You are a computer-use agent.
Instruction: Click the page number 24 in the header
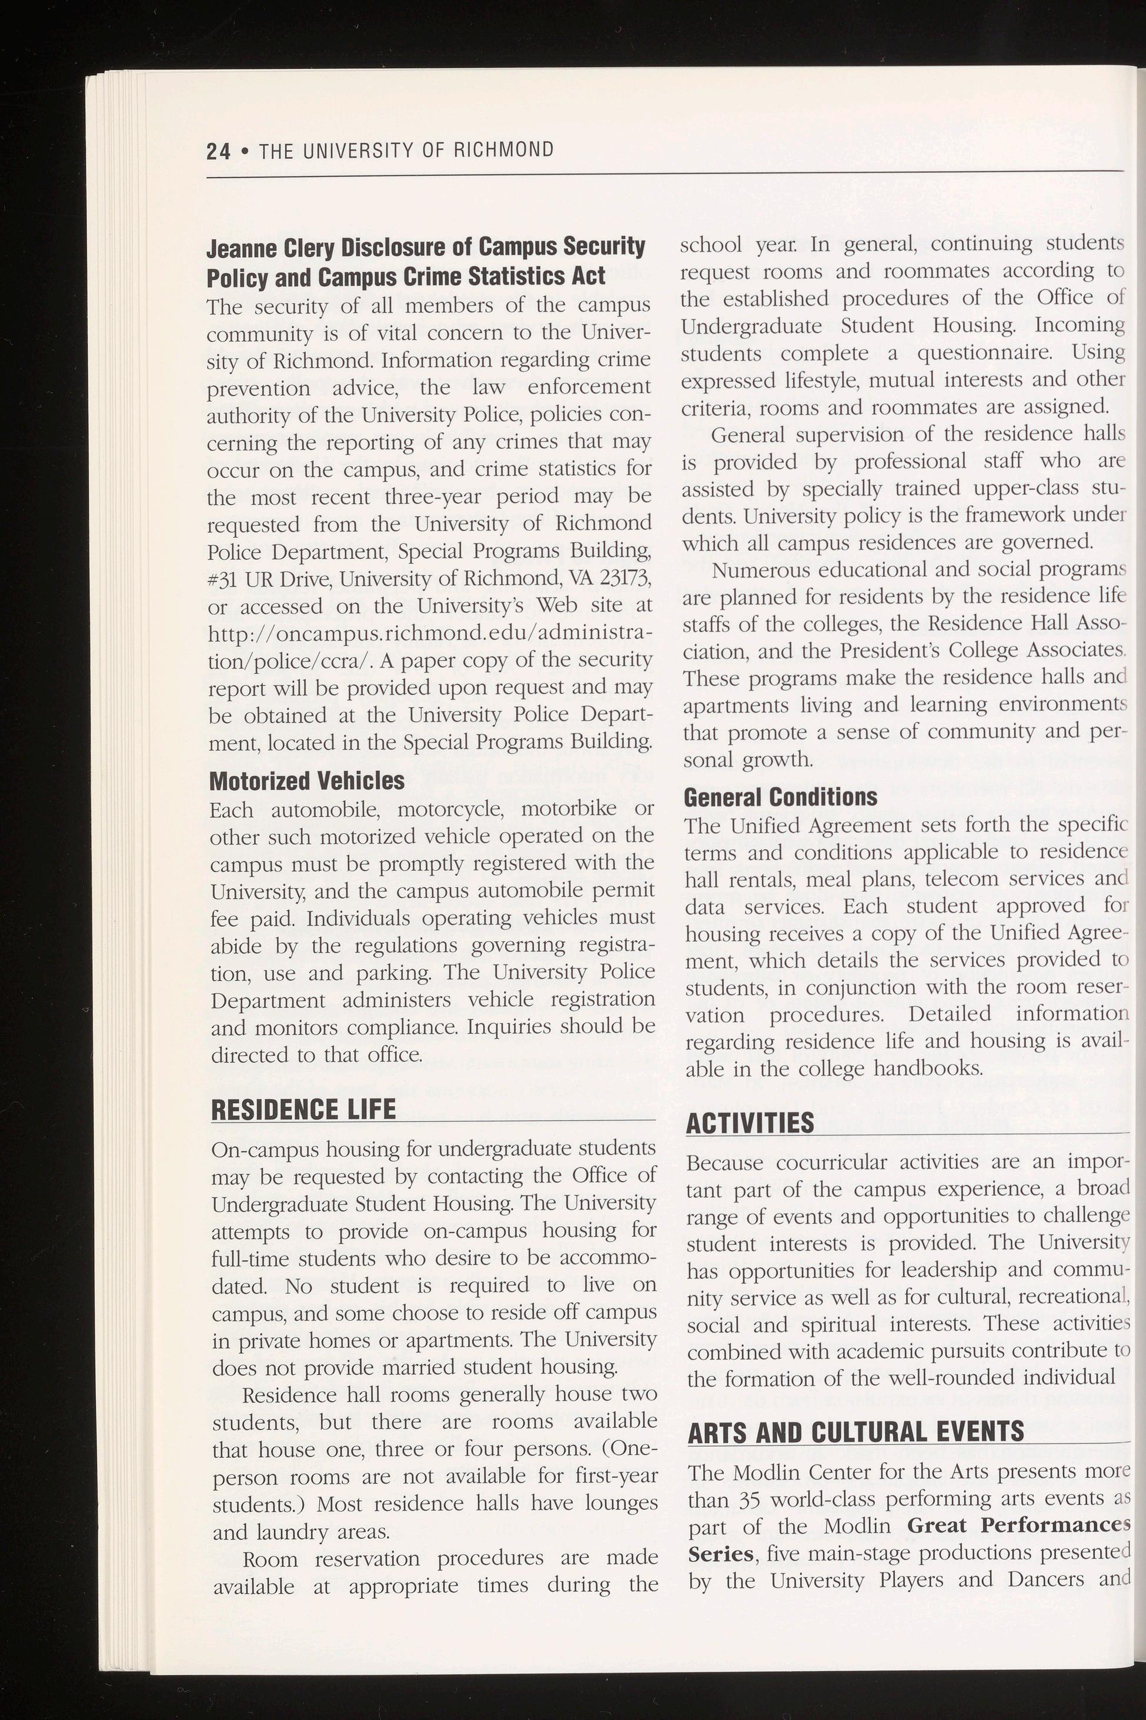(x=218, y=151)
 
